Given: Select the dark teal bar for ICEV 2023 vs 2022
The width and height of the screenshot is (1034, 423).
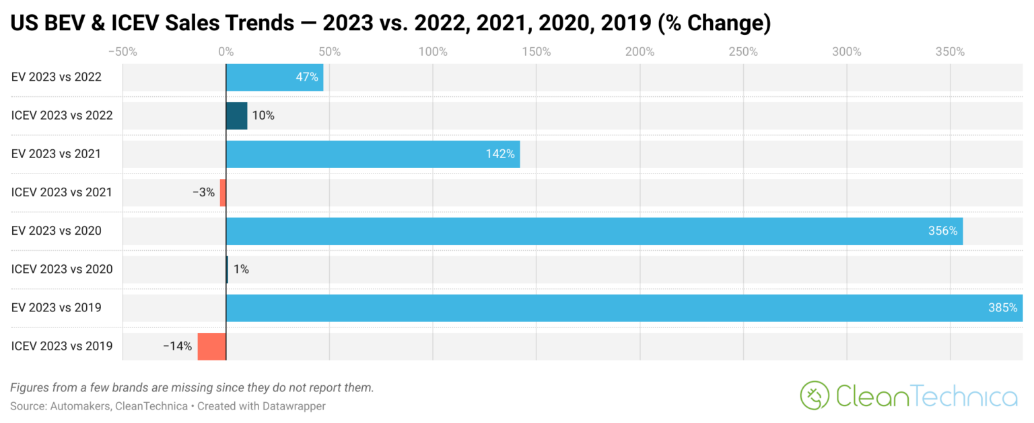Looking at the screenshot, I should point(236,116).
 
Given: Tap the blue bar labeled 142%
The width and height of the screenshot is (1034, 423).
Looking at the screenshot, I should point(372,154).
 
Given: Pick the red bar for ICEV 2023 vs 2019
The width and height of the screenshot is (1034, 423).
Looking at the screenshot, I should point(211,346).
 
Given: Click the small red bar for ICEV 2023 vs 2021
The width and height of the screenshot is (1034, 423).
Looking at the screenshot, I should point(223,192).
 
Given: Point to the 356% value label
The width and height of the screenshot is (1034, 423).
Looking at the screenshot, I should point(942,231).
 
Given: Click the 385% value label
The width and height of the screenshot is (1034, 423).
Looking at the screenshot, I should point(1002,308).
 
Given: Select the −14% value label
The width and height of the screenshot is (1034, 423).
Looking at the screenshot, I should point(177,346).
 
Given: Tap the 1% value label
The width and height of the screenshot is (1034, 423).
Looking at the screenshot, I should point(241,270).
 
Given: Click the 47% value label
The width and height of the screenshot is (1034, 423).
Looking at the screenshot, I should point(307,77).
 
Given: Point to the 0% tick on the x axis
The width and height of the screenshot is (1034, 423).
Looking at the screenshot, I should point(226,52).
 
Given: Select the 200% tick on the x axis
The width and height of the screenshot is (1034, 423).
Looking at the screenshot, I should point(640,52).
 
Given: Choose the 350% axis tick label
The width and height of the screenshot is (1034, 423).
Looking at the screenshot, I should point(950,52).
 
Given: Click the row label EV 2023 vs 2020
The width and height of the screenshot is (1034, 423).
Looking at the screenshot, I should point(57,231).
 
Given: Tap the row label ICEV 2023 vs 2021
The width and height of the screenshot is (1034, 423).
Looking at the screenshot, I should point(62,192).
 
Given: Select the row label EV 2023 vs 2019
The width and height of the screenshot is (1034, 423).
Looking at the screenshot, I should point(57,308).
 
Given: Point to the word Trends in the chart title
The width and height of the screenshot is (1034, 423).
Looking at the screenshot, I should point(261,24).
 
